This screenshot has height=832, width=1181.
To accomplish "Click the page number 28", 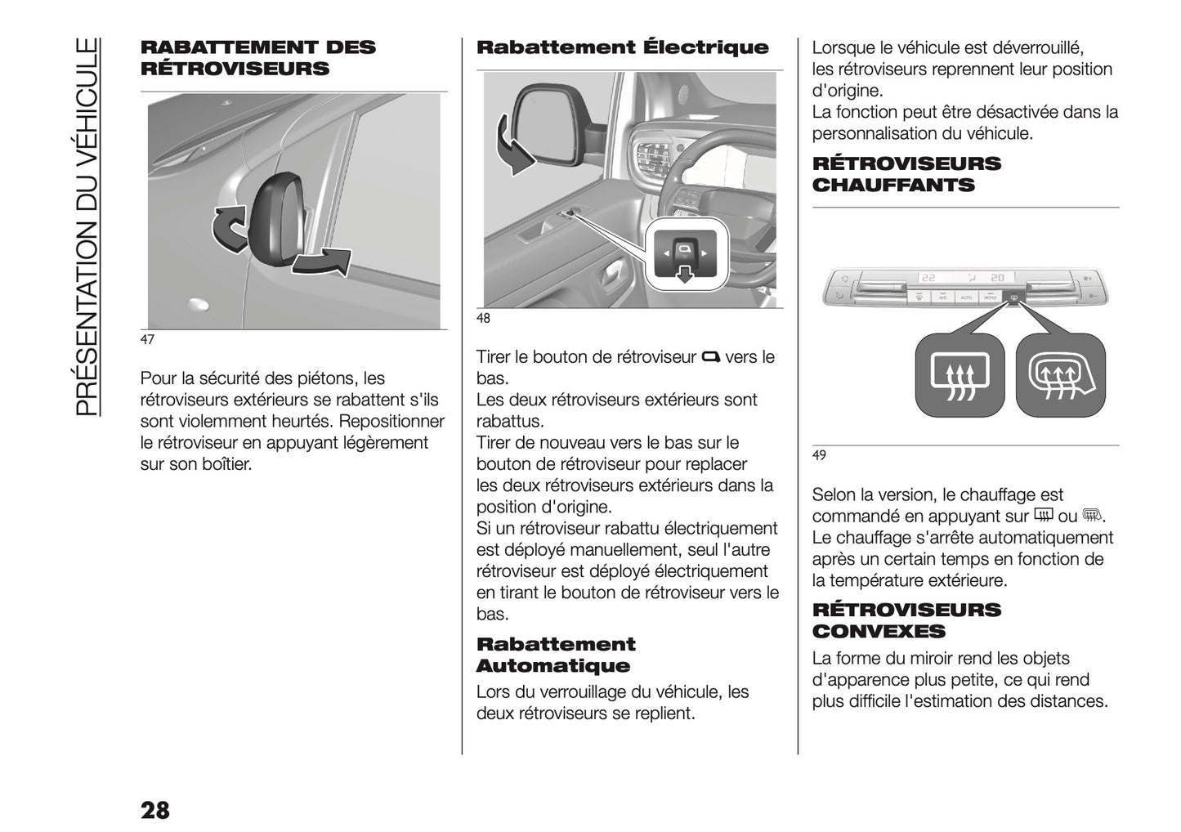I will tap(154, 809).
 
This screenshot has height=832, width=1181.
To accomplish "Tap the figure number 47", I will tap(147, 340).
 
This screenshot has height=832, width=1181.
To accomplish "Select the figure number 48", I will tap(483, 319).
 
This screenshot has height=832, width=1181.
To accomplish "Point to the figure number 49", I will tap(819, 455).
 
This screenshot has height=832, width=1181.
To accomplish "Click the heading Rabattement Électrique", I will tap(622, 47).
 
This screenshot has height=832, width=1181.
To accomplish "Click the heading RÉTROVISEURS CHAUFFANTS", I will tap(906, 174).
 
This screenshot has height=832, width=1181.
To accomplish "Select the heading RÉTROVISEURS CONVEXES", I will tap(906, 620).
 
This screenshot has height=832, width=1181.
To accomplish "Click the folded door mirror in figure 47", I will tap(273, 219).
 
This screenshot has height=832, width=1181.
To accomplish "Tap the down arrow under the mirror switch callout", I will tap(684, 275).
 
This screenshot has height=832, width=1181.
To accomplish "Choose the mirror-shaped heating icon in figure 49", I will tap(1060, 377).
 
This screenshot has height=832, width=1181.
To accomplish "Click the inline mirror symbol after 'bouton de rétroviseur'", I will tap(710, 356).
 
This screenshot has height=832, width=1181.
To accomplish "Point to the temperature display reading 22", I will tap(929, 278).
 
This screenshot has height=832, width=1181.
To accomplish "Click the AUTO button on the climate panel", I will tap(966, 298).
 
